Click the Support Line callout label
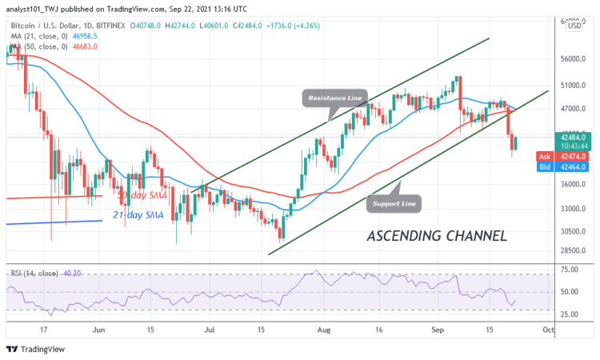pos(395,203)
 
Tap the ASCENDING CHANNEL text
pos(436,236)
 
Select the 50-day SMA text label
pos(144,194)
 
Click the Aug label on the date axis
pos(322,329)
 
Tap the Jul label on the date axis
pos(210,329)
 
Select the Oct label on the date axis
pos(548,329)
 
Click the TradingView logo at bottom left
pos(35,349)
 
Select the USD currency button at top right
pos(573,26)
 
